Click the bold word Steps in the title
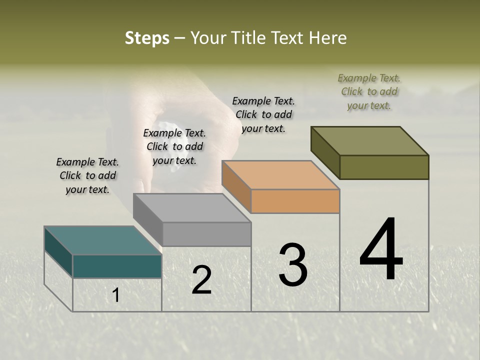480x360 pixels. pyautogui.click(x=147, y=38)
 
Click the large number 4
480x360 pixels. pyautogui.click(x=381, y=250)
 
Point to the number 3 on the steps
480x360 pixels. pyautogui.click(x=292, y=265)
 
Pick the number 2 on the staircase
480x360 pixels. pyautogui.click(x=201, y=280)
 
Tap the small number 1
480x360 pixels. pyautogui.click(x=116, y=295)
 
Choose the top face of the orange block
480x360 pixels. pyautogui.click(x=280, y=175)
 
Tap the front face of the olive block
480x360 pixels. pyautogui.click(x=384, y=167)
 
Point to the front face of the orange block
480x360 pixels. pyautogui.click(x=295, y=201)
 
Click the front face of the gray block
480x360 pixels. pyautogui.click(x=206, y=234)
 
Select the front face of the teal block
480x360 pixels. pyautogui.click(x=117, y=266)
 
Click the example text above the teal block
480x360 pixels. pyautogui.click(x=87, y=175)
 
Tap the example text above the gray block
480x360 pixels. pyautogui.click(x=174, y=146)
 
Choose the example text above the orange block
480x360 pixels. pyautogui.click(x=263, y=114)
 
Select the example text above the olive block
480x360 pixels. pyautogui.click(x=369, y=91)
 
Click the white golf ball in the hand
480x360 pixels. pyautogui.click(x=166, y=124)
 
